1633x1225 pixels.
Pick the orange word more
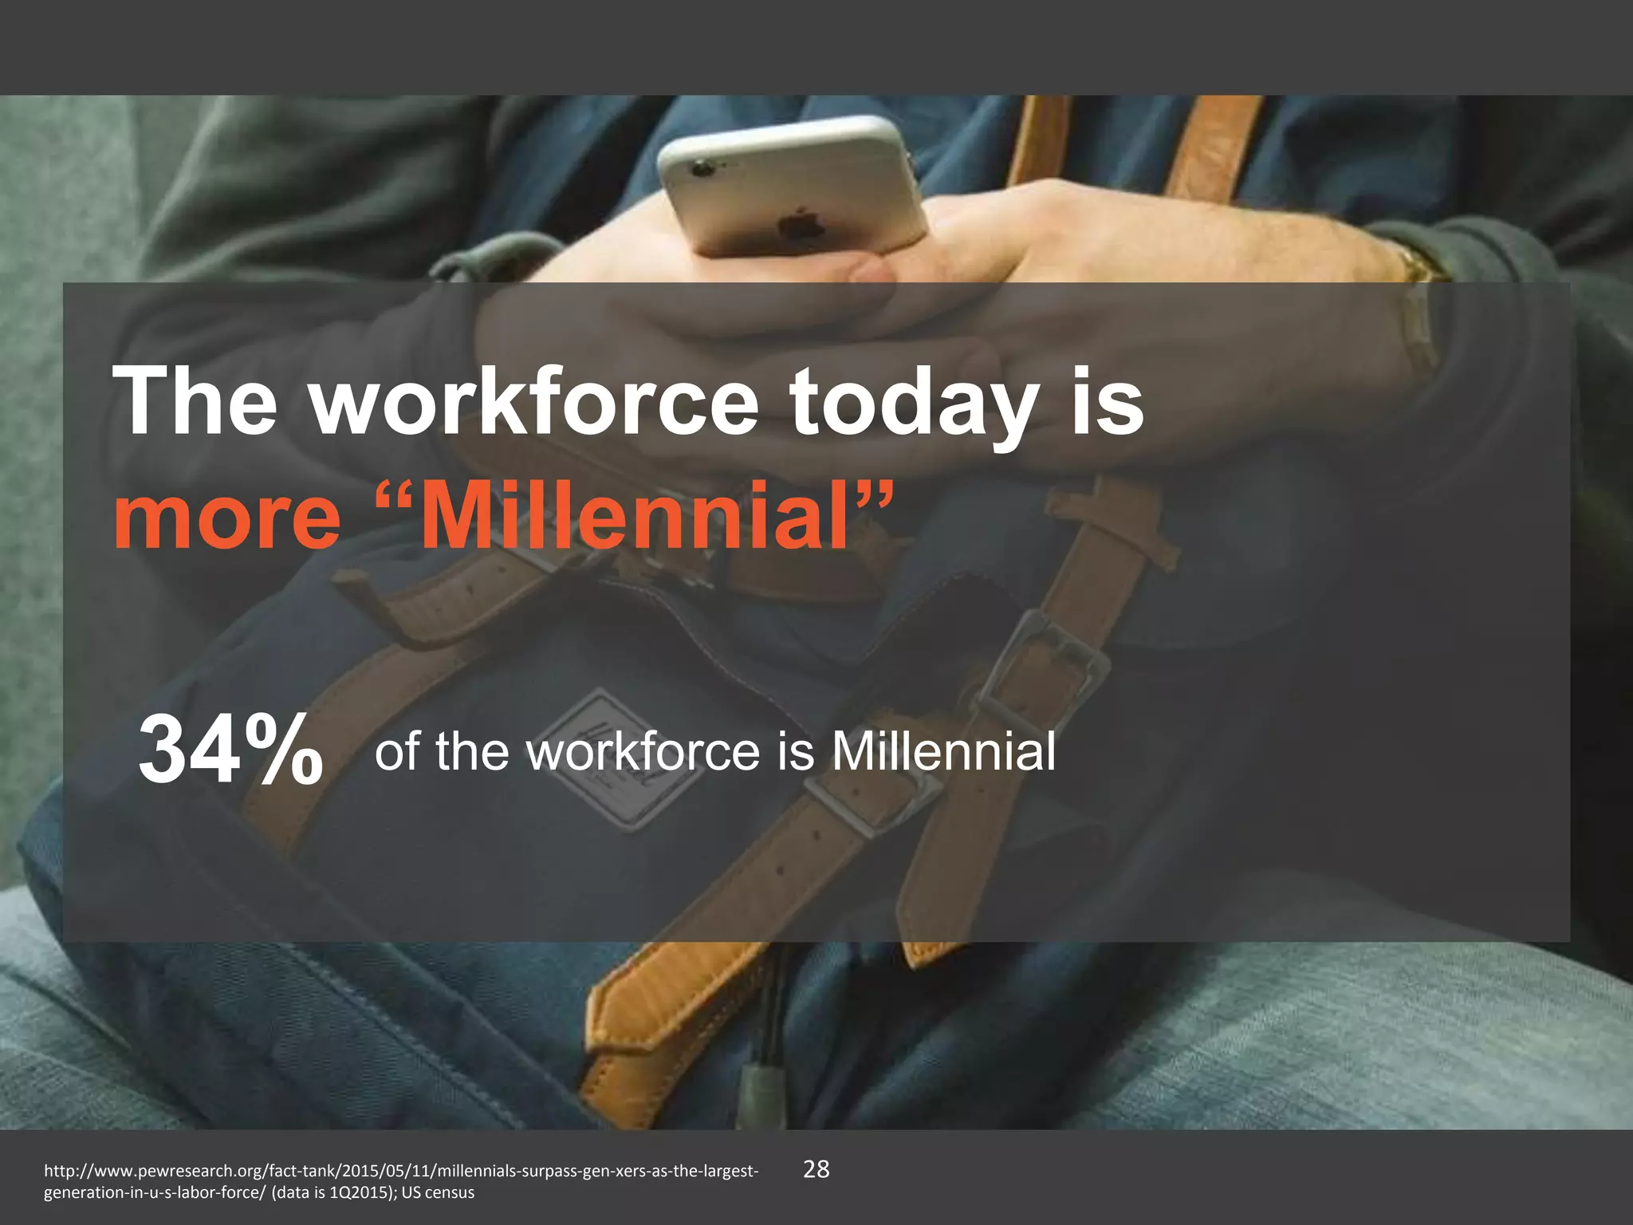(227, 516)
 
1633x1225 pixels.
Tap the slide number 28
(816, 1170)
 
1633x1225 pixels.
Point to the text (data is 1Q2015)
(341, 1193)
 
